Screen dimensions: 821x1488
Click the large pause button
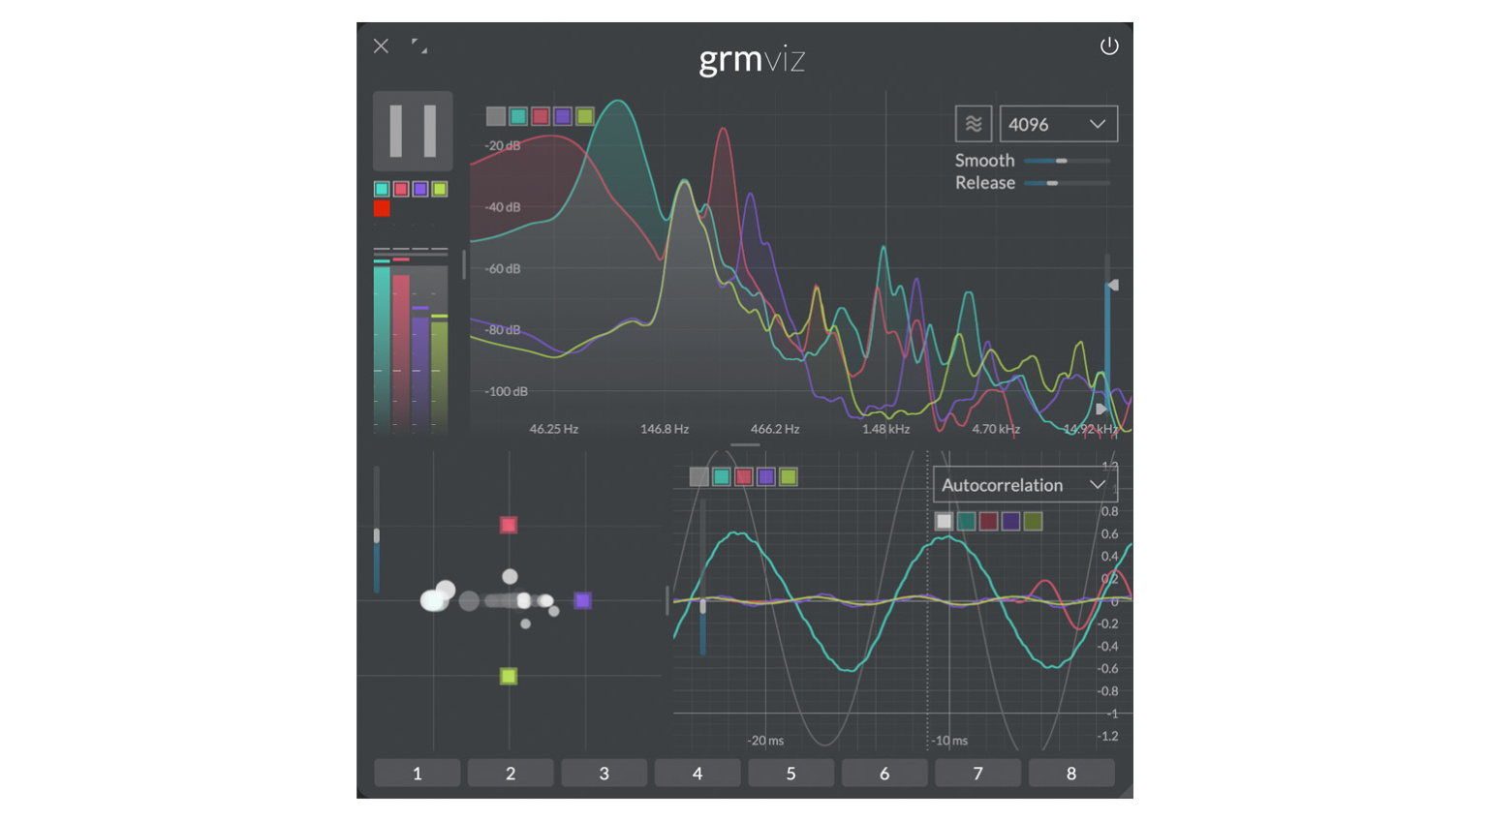point(413,131)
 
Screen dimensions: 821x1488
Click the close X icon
point(381,46)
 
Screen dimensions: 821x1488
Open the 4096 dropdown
point(1058,124)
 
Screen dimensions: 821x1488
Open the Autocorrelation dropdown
point(1023,485)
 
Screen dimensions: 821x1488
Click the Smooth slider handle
point(1062,161)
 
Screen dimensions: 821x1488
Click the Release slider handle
point(1052,183)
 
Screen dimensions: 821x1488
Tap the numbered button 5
point(790,773)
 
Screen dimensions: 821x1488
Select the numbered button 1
point(418,773)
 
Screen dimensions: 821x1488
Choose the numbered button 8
point(1070,773)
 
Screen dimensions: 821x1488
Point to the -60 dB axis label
point(503,268)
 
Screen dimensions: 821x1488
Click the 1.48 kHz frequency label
point(885,429)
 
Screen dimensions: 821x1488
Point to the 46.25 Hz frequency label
point(553,429)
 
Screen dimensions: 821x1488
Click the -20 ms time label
point(765,741)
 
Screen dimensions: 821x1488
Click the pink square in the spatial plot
point(509,525)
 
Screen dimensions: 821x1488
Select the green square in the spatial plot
point(509,676)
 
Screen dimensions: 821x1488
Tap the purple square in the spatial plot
point(582,600)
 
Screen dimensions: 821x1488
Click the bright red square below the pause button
point(382,208)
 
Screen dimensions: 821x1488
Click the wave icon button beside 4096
point(973,124)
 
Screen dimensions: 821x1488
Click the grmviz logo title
point(752,60)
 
